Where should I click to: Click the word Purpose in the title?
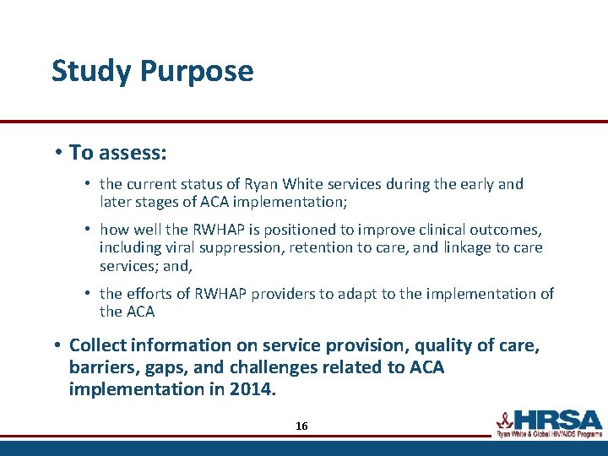click(x=197, y=72)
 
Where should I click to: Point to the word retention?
click(x=317, y=247)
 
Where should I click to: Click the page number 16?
click(x=301, y=426)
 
